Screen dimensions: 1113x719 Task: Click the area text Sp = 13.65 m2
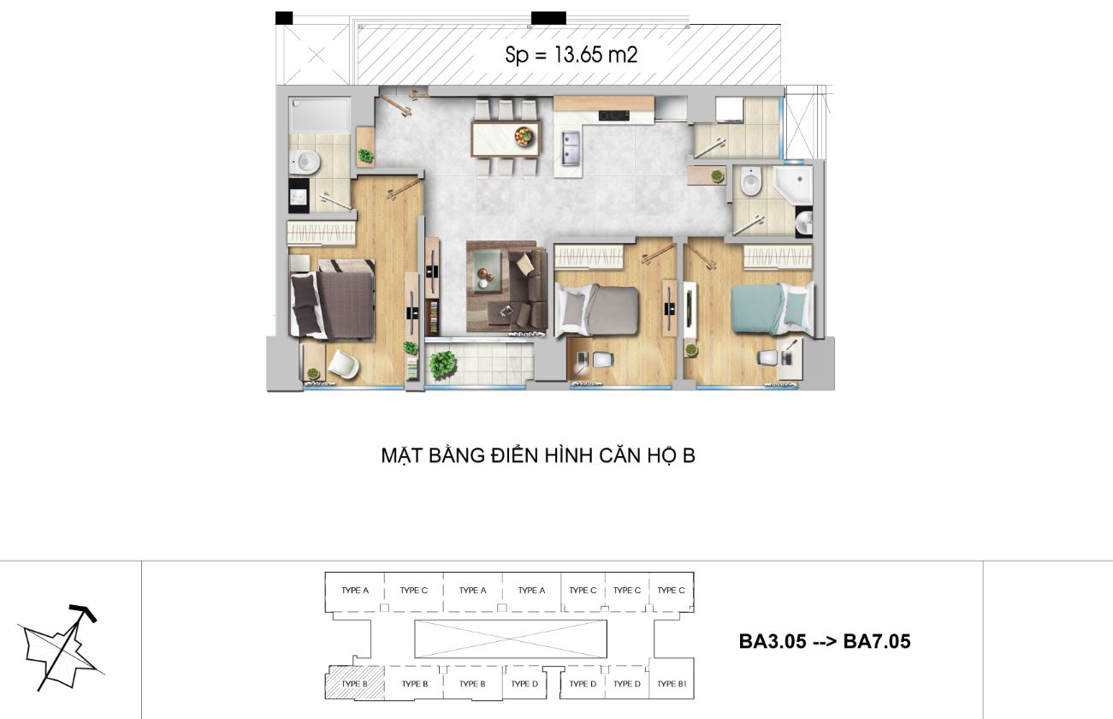pos(571,55)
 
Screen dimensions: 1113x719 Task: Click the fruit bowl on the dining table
pos(524,136)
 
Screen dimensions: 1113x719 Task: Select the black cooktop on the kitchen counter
pos(613,116)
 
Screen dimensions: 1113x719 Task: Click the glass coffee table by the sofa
pos(488,270)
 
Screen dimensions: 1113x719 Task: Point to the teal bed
pos(772,309)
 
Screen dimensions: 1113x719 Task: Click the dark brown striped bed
pos(333,300)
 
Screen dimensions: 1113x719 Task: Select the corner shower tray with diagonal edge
pos(793,185)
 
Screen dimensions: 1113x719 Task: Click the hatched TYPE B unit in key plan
pos(355,683)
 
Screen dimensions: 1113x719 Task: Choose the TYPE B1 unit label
pos(672,684)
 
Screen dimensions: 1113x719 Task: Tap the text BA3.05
pos(773,641)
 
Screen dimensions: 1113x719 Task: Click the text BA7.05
pos(877,641)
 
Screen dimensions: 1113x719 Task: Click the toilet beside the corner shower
pos(750,181)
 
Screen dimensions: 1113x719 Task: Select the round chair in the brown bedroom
pos(343,364)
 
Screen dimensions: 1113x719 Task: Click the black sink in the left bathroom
pos(299,195)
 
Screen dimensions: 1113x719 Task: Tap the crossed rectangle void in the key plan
pos(511,639)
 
